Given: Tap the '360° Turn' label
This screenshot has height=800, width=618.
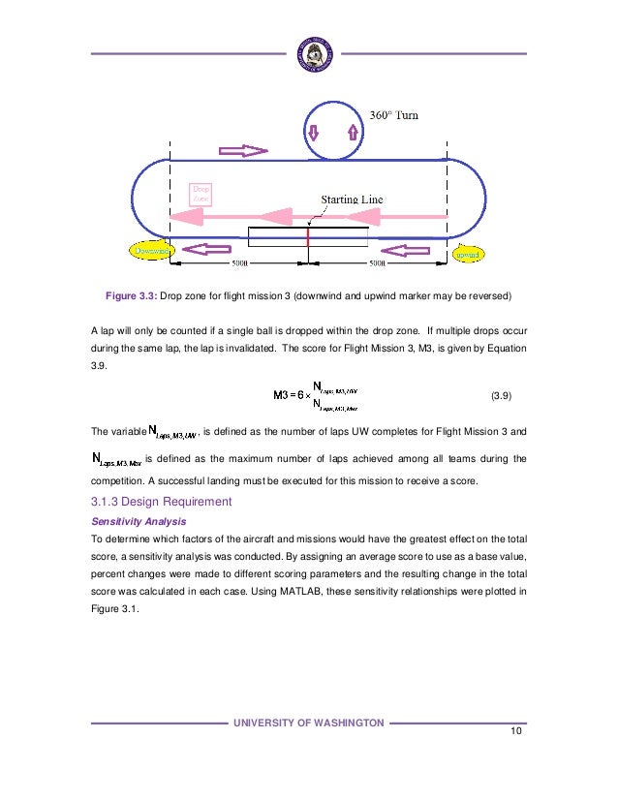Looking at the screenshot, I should [395, 115].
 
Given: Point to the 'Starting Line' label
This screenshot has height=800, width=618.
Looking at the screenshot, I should [352, 200].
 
